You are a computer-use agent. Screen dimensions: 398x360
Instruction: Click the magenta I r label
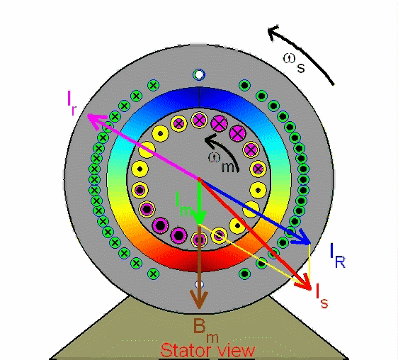pyautogui.click(x=72, y=102)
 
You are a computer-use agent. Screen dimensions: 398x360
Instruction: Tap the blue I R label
pyautogui.click(x=338, y=255)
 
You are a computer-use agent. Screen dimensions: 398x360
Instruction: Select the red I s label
pyautogui.click(x=322, y=296)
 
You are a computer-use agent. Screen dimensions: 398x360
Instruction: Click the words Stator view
pyautogui.click(x=207, y=350)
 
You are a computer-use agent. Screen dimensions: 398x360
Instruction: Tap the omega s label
pyautogui.click(x=294, y=63)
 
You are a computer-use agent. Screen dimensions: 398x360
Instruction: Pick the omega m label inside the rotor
pyautogui.click(x=222, y=162)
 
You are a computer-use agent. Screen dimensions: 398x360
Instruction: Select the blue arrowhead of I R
pyautogui.click(x=302, y=238)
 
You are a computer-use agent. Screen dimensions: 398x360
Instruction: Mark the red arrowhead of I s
pyautogui.click(x=304, y=283)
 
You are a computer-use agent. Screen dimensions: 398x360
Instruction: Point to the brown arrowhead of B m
pyautogui.click(x=199, y=300)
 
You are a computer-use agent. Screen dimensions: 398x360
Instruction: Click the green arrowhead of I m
pyautogui.click(x=200, y=218)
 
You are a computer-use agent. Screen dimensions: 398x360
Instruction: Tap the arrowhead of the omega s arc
pyautogui.click(x=273, y=33)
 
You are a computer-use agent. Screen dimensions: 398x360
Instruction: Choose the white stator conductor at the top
pyautogui.click(x=199, y=74)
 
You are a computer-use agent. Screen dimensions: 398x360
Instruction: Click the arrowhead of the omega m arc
pyautogui.click(x=210, y=141)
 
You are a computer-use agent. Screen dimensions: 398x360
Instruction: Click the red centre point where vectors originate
pyautogui.click(x=199, y=179)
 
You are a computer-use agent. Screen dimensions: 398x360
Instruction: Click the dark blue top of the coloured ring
pyautogui.click(x=199, y=94)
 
